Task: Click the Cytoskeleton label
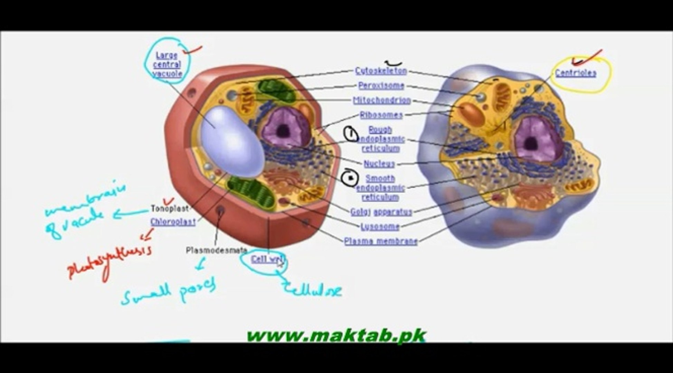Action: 381,71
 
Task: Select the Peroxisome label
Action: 381,86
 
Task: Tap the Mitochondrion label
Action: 382,100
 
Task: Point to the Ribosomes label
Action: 381,115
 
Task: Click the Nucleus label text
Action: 379,164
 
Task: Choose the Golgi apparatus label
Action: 381,212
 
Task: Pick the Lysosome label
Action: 380,227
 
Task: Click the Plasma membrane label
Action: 381,241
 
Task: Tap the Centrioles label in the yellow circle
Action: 576,73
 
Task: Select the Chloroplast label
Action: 173,222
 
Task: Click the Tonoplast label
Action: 170,209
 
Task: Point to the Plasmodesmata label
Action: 216,250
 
